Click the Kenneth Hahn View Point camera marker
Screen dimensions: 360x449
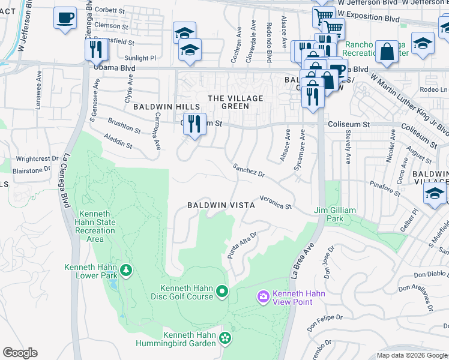263,297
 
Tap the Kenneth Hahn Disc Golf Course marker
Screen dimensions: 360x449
222,292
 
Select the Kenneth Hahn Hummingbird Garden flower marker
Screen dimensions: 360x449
224,338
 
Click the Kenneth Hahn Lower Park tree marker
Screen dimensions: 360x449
126,271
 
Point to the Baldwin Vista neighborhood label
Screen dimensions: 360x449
221,205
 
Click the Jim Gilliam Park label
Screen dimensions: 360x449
335,214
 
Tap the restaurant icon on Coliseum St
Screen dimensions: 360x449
194,124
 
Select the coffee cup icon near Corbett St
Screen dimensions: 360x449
65,18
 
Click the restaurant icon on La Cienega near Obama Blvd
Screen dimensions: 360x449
96,49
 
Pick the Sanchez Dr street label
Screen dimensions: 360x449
249,170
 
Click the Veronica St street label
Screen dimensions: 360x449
275,202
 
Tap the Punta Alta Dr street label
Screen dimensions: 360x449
242,245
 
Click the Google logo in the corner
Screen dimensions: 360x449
20,353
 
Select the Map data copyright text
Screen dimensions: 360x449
411,355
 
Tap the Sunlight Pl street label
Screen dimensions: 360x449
141,58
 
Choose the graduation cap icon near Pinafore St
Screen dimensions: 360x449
435,194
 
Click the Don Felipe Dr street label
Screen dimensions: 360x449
325,322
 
